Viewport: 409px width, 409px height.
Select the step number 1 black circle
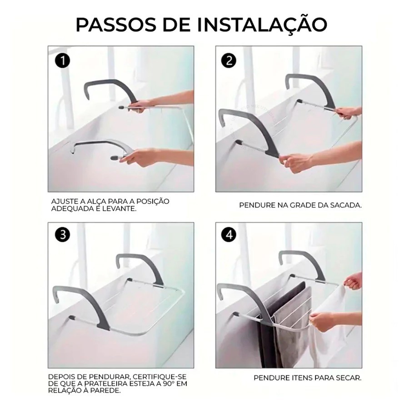63,61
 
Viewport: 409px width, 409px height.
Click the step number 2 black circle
229,61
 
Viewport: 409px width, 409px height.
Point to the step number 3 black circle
63,234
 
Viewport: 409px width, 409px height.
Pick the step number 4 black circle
229,234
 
